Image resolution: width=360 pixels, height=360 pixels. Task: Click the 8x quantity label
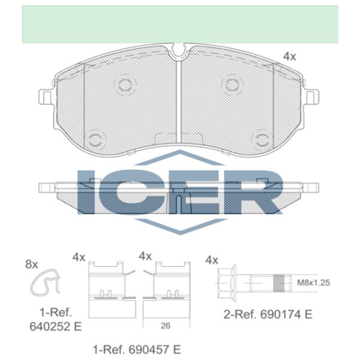[x=31, y=264]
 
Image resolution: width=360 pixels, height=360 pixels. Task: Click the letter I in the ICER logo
[x=89, y=191]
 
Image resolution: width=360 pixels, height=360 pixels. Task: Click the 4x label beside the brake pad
[x=290, y=56]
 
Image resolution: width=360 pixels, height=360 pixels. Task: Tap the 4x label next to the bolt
[x=211, y=260]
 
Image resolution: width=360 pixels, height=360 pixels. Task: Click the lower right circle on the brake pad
[x=262, y=140]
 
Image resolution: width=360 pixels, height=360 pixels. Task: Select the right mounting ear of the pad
[x=313, y=97]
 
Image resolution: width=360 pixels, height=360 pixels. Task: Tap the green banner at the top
[x=180, y=24]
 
